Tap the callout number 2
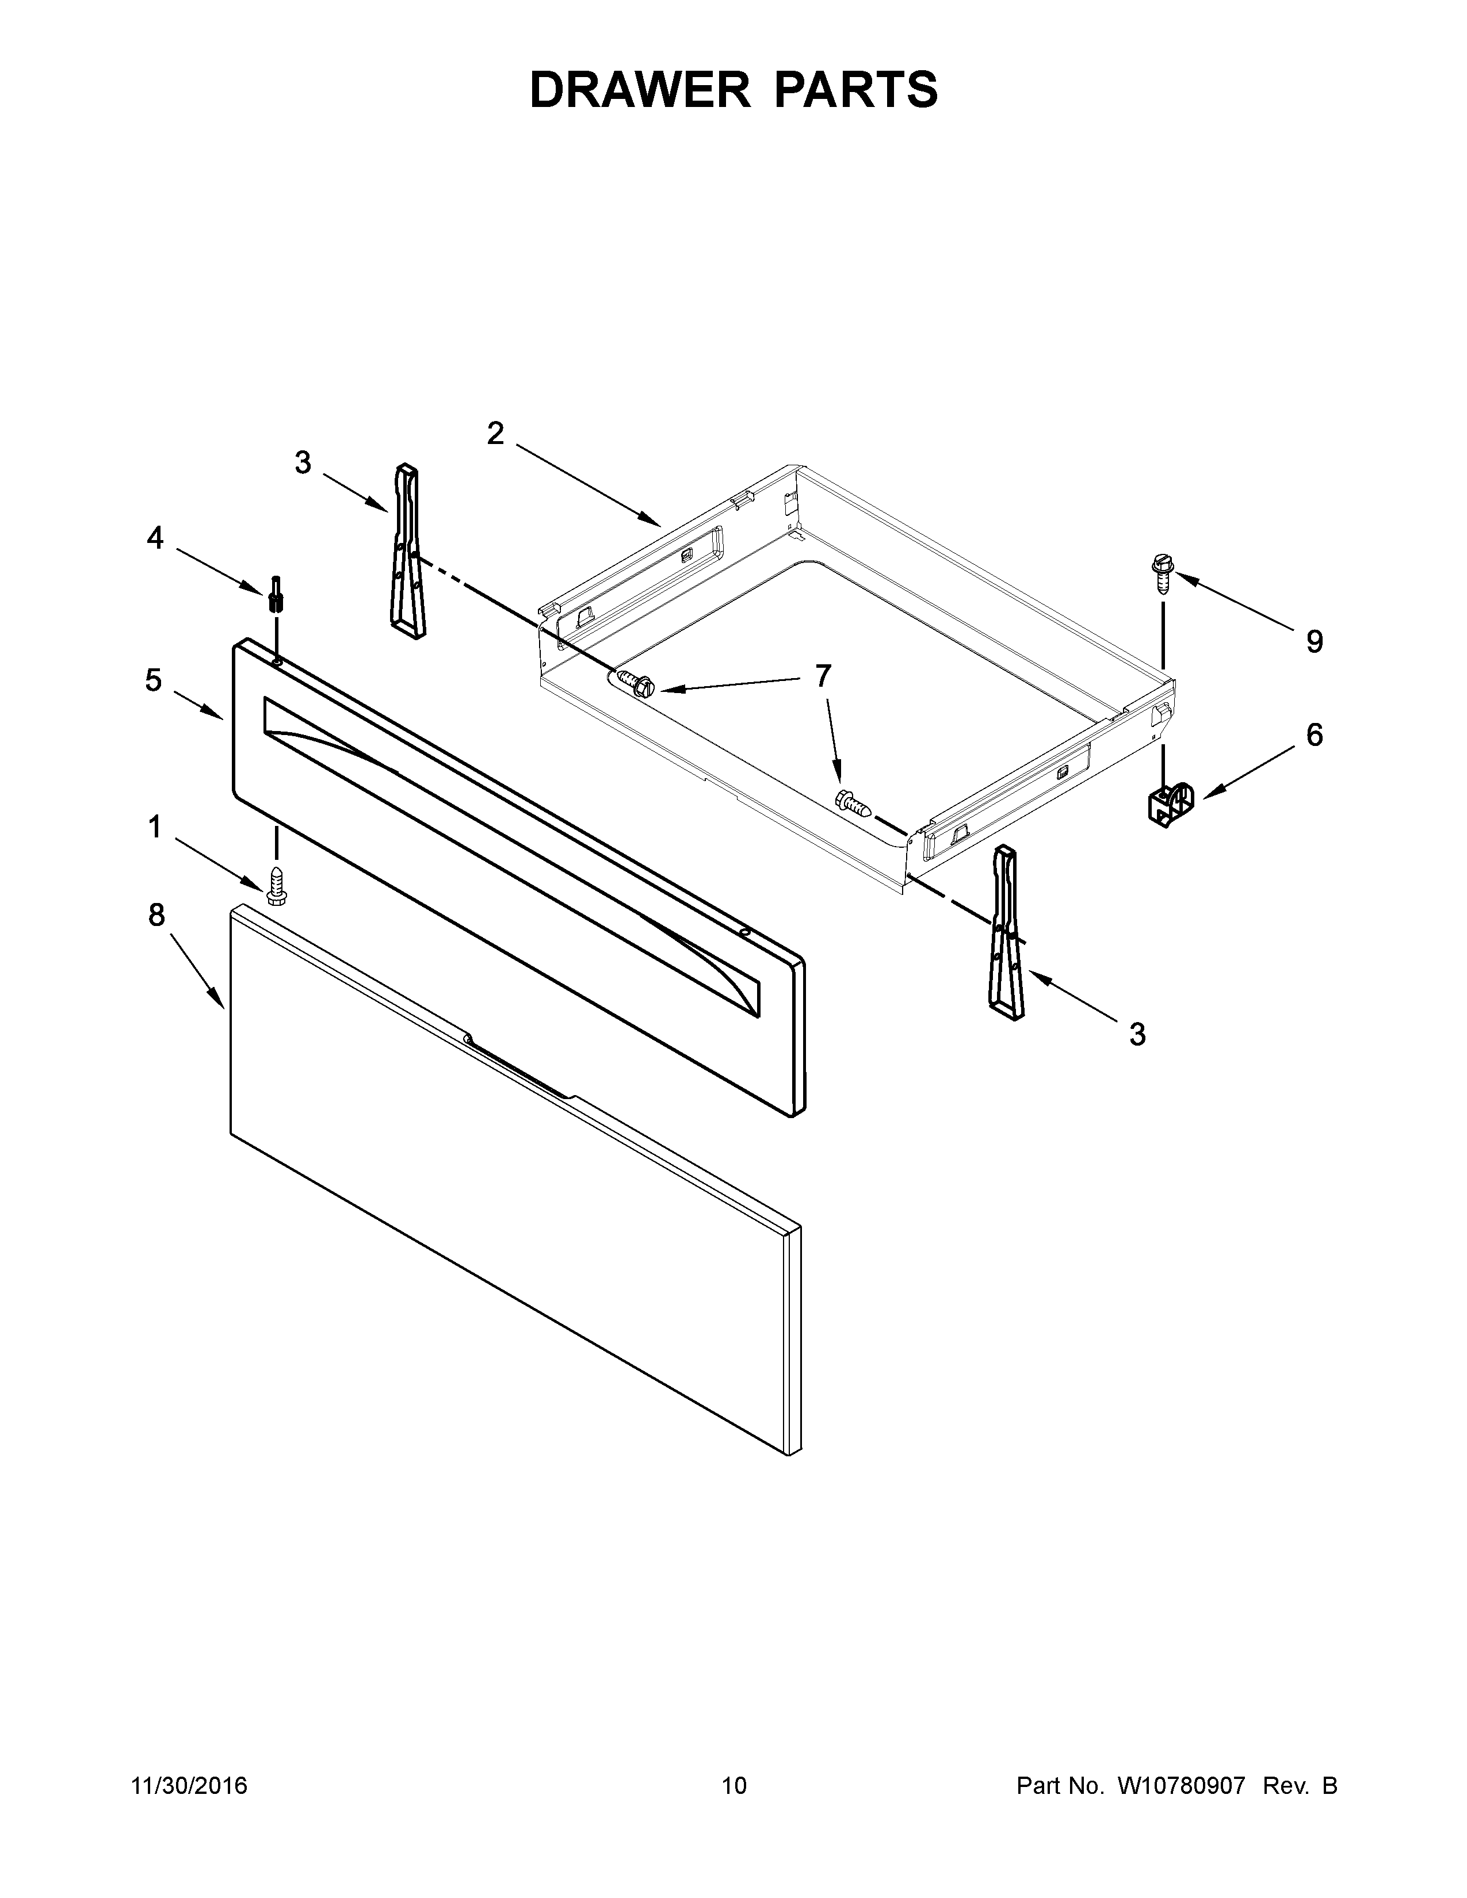pos(495,433)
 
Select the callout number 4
pos(155,539)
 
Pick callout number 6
pos(1314,735)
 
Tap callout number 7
pos(822,675)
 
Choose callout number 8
pos(156,914)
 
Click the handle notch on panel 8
pos(518,1067)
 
